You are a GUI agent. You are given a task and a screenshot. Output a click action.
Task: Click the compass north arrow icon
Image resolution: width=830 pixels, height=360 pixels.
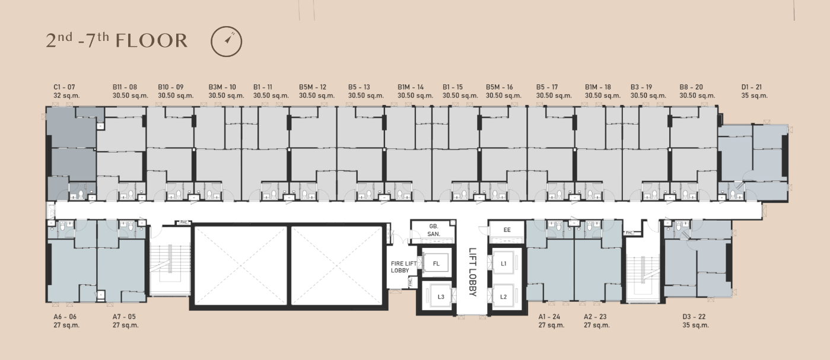pyautogui.click(x=227, y=41)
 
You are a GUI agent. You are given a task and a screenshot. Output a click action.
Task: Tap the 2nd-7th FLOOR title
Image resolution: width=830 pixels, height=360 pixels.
pyautogui.click(x=117, y=40)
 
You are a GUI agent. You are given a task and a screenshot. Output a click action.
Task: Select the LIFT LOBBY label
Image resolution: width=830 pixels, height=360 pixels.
pyautogui.click(x=472, y=272)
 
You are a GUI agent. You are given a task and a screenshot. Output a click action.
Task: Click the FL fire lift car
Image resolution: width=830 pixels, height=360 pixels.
pyautogui.click(x=436, y=263)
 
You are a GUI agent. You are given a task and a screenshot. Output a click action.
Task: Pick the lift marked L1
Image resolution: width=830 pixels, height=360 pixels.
pyautogui.click(x=503, y=263)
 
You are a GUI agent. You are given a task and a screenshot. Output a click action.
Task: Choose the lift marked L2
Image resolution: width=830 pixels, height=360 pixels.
pyautogui.click(x=503, y=297)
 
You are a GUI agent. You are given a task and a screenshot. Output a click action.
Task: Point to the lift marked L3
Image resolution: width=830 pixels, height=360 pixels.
pyautogui.click(x=441, y=297)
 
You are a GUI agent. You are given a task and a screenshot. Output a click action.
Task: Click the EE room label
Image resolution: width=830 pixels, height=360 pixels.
pyautogui.click(x=507, y=230)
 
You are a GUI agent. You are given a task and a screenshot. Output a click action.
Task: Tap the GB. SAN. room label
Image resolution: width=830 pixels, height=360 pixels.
pyautogui.click(x=434, y=230)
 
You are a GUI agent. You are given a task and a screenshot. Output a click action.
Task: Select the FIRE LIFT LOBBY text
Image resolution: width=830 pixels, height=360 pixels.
pyautogui.click(x=403, y=267)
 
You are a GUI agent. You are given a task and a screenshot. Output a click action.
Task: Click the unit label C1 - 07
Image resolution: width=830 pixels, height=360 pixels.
pyautogui.click(x=64, y=87)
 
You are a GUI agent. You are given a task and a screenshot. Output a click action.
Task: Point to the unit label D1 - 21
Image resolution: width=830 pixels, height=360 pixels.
pyautogui.click(x=752, y=87)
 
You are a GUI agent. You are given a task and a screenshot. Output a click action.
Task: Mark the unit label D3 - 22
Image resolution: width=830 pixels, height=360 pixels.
pyautogui.click(x=694, y=317)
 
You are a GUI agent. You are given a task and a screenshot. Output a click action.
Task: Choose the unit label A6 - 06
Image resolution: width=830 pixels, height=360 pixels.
pyautogui.click(x=65, y=317)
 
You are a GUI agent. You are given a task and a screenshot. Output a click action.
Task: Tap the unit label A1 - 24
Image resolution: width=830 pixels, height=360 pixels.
pyautogui.click(x=549, y=317)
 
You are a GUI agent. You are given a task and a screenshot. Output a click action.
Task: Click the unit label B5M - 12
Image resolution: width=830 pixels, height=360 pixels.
pyautogui.click(x=312, y=87)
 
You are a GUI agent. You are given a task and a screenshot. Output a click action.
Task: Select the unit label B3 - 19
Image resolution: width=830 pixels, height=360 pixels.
pyautogui.click(x=641, y=87)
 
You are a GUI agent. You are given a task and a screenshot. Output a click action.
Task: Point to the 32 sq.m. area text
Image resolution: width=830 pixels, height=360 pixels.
pyautogui.click(x=66, y=95)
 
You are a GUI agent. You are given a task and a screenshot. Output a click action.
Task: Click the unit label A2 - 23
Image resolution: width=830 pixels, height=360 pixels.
pyautogui.click(x=595, y=317)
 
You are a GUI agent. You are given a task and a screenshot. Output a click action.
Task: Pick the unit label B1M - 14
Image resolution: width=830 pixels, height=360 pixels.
pyautogui.click(x=411, y=87)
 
